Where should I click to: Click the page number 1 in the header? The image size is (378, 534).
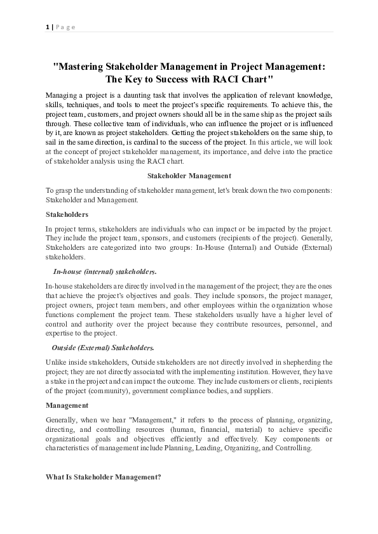47,27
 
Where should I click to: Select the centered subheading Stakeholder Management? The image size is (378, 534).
189,175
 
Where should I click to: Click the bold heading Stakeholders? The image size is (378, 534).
67,214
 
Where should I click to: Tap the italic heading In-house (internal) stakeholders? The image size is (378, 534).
105,271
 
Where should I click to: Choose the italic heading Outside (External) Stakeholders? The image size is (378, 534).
102,348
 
